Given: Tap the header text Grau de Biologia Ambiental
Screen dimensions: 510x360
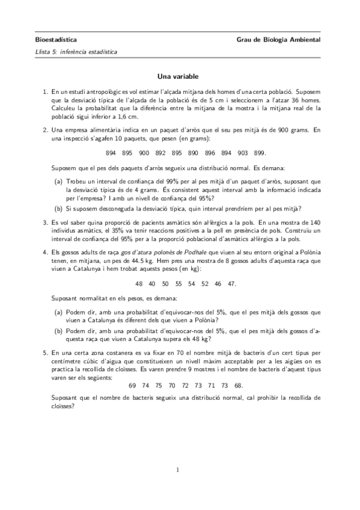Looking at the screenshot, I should click(x=279, y=40).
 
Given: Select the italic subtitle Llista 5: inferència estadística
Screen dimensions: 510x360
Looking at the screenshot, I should click(x=76, y=52).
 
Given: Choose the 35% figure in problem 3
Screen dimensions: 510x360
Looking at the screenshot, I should click(x=133, y=231).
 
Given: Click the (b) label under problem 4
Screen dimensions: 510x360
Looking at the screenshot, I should click(x=58, y=330).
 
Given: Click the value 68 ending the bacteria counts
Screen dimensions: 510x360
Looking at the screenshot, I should click(x=238, y=385).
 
